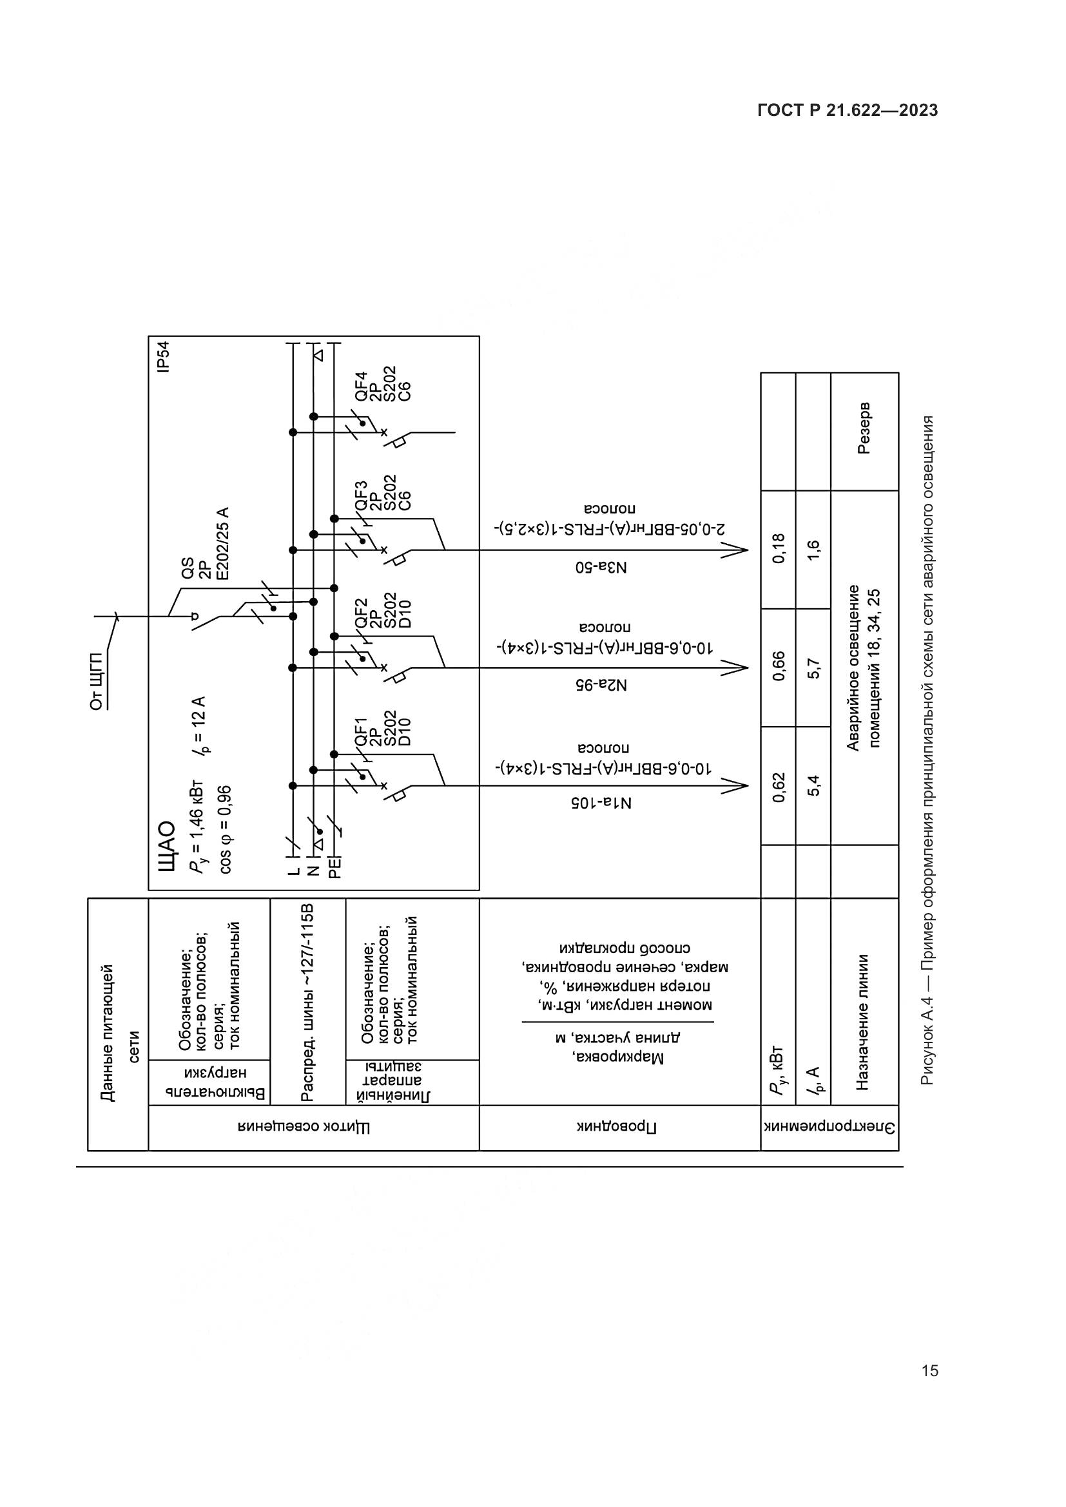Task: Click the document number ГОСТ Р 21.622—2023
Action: coord(848,111)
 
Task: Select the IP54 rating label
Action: coord(164,357)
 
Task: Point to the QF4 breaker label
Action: coord(361,387)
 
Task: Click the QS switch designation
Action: coord(188,569)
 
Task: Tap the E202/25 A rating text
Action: coord(222,544)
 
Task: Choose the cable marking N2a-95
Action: coord(601,685)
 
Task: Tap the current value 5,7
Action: coord(813,668)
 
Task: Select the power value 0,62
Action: coord(779,787)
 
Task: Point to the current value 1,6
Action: coord(813,550)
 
